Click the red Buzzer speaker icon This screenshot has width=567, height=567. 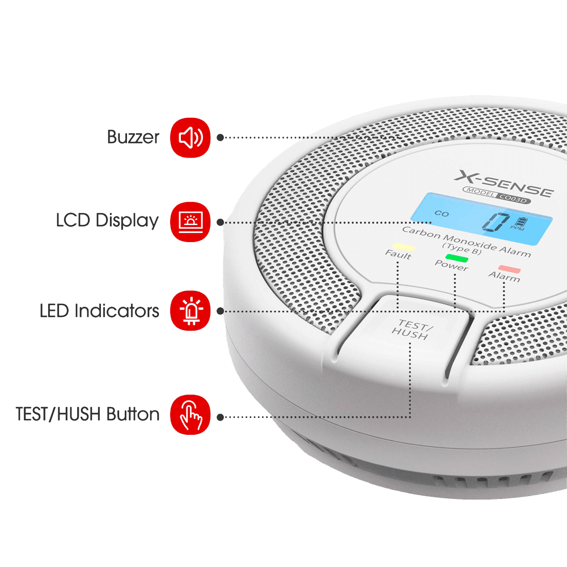point(190,137)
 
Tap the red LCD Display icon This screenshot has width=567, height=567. point(190,222)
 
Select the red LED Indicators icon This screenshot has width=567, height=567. point(190,310)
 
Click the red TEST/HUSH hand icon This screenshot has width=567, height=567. point(190,414)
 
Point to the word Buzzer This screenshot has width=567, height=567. point(133,137)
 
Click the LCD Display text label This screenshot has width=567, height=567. point(107,221)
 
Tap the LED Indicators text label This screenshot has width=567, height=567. point(99,311)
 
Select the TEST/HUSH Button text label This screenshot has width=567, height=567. point(87,414)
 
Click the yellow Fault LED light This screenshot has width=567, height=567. point(403,247)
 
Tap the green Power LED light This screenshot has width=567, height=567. point(456,258)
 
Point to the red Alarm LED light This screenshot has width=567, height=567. point(509,269)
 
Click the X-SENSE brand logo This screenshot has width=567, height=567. point(503,184)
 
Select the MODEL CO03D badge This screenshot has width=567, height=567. point(496,195)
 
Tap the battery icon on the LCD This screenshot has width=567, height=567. point(522,221)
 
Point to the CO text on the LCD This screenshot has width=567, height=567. point(442,213)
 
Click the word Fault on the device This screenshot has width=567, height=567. point(398,255)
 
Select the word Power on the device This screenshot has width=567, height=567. point(451,265)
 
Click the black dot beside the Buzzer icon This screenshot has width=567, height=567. point(220,137)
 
